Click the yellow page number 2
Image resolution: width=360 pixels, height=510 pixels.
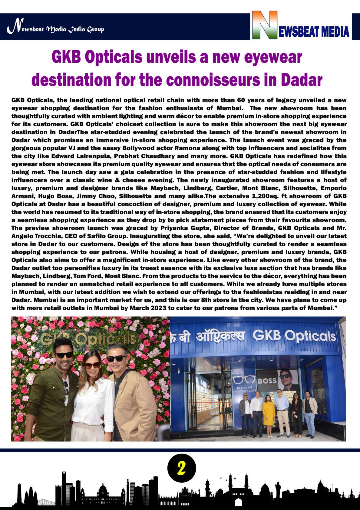pos(181,468)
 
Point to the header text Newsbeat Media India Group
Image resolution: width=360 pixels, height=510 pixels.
pos(56,29)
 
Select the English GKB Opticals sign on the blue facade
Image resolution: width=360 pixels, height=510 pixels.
pos(294,336)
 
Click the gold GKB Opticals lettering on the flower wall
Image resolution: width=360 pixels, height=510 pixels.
pos(88,339)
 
